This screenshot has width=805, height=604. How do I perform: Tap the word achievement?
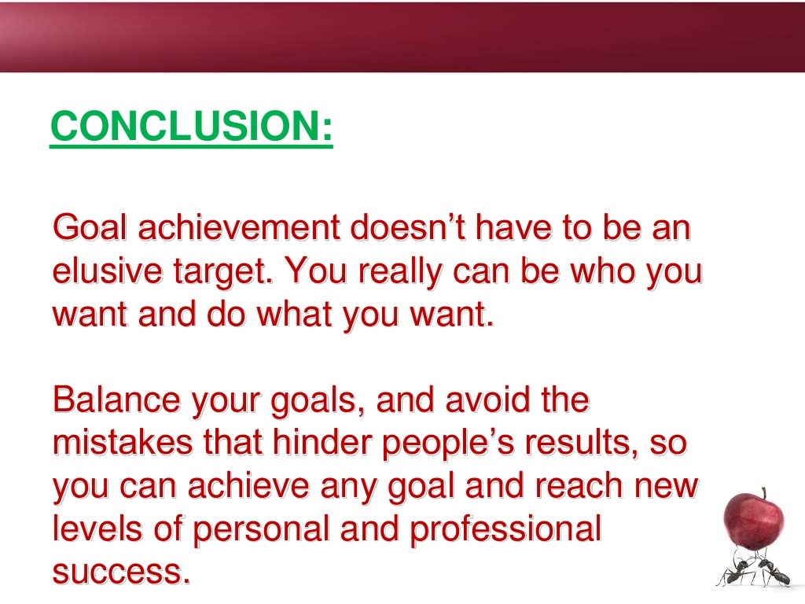click(x=237, y=228)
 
